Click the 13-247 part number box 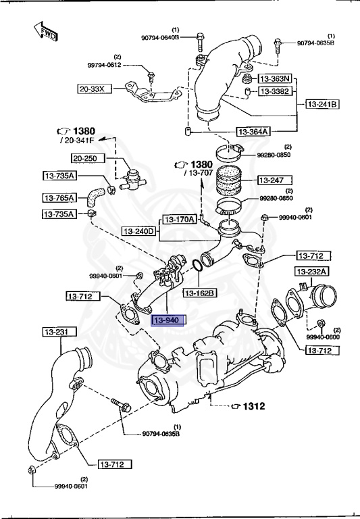tap(273, 180)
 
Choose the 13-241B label tap(323, 104)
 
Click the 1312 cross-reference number tap(254, 406)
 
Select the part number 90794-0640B tap(160, 38)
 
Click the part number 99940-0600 tap(322, 337)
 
